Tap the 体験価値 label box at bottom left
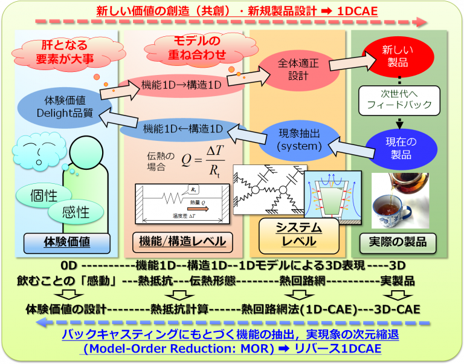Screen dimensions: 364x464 (x=66, y=242)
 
